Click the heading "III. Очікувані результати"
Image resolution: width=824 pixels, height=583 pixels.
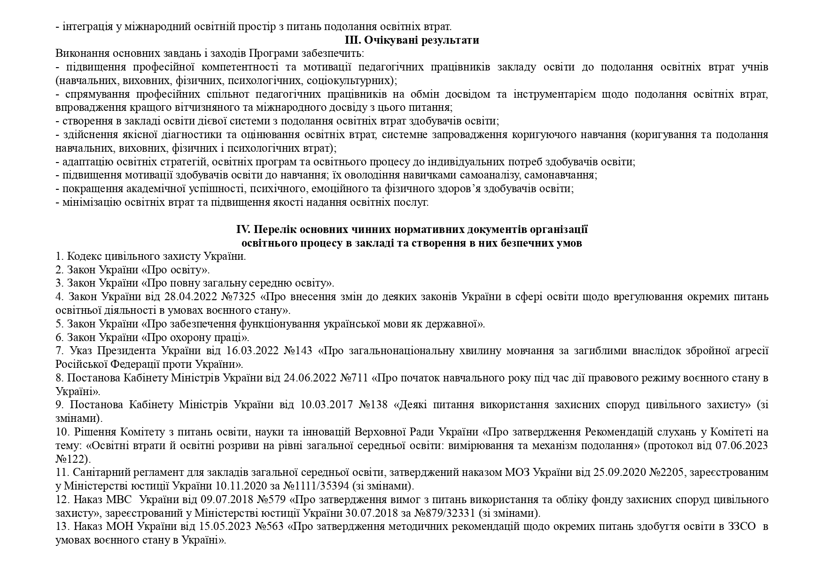point(412,40)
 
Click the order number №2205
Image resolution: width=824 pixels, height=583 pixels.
point(666,473)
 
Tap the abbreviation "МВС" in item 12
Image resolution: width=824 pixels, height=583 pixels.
point(119,499)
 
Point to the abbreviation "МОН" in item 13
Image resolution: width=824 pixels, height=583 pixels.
point(120,527)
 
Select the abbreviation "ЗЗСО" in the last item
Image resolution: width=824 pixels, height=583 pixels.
point(742,527)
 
